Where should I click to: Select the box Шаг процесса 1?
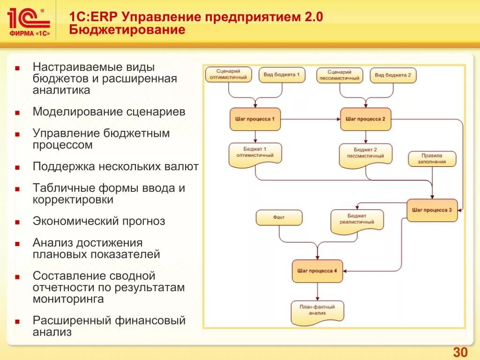(x=255, y=119)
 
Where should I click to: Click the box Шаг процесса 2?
(x=365, y=119)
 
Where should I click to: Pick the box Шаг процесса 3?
(x=432, y=210)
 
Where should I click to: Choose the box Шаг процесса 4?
(x=317, y=271)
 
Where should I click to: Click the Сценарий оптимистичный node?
(x=228, y=75)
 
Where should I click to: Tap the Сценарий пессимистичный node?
(x=339, y=75)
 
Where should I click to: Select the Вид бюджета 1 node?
(x=281, y=75)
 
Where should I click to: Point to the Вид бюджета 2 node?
(x=393, y=75)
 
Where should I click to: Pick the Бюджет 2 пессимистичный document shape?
(x=365, y=153)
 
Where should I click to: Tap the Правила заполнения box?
(x=432, y=159)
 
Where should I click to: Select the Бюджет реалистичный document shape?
(x=357, y=219)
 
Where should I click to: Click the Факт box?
(x=279, y=217)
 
